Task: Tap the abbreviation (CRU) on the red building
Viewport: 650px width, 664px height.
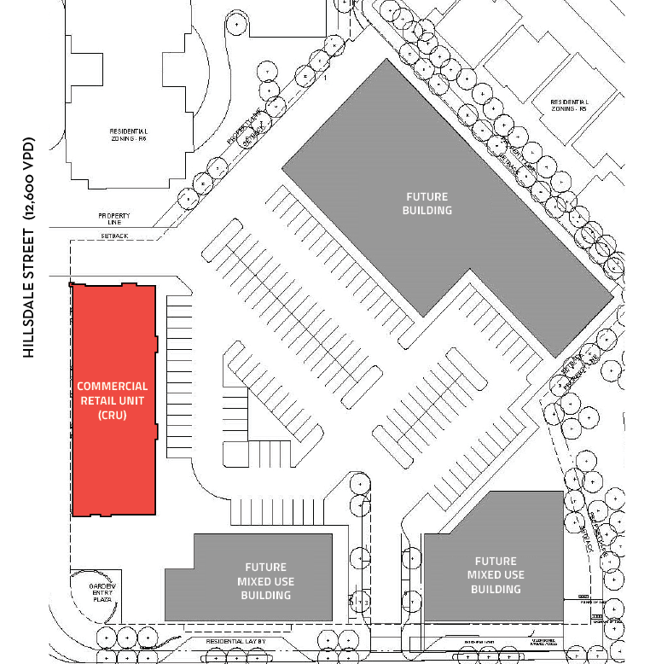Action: tap(113, 416)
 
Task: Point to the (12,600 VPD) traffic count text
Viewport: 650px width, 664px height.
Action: tap(29, 179)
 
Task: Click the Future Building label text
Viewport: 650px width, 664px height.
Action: tap(427, 203)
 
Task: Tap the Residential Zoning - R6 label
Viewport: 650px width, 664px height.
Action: tap(129, 136)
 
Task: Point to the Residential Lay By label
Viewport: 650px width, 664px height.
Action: tap(236, 641)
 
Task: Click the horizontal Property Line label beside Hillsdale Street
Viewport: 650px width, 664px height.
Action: tap(114, 219)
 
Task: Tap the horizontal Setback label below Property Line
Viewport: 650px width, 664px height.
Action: tap(113, 234)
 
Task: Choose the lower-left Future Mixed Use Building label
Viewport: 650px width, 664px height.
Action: tap(266, 581)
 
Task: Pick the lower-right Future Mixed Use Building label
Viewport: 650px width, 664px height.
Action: tap(496, 575)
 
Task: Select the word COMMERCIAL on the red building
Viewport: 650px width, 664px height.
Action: tap(113, 387)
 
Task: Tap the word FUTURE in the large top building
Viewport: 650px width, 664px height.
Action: tap(427, 197)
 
